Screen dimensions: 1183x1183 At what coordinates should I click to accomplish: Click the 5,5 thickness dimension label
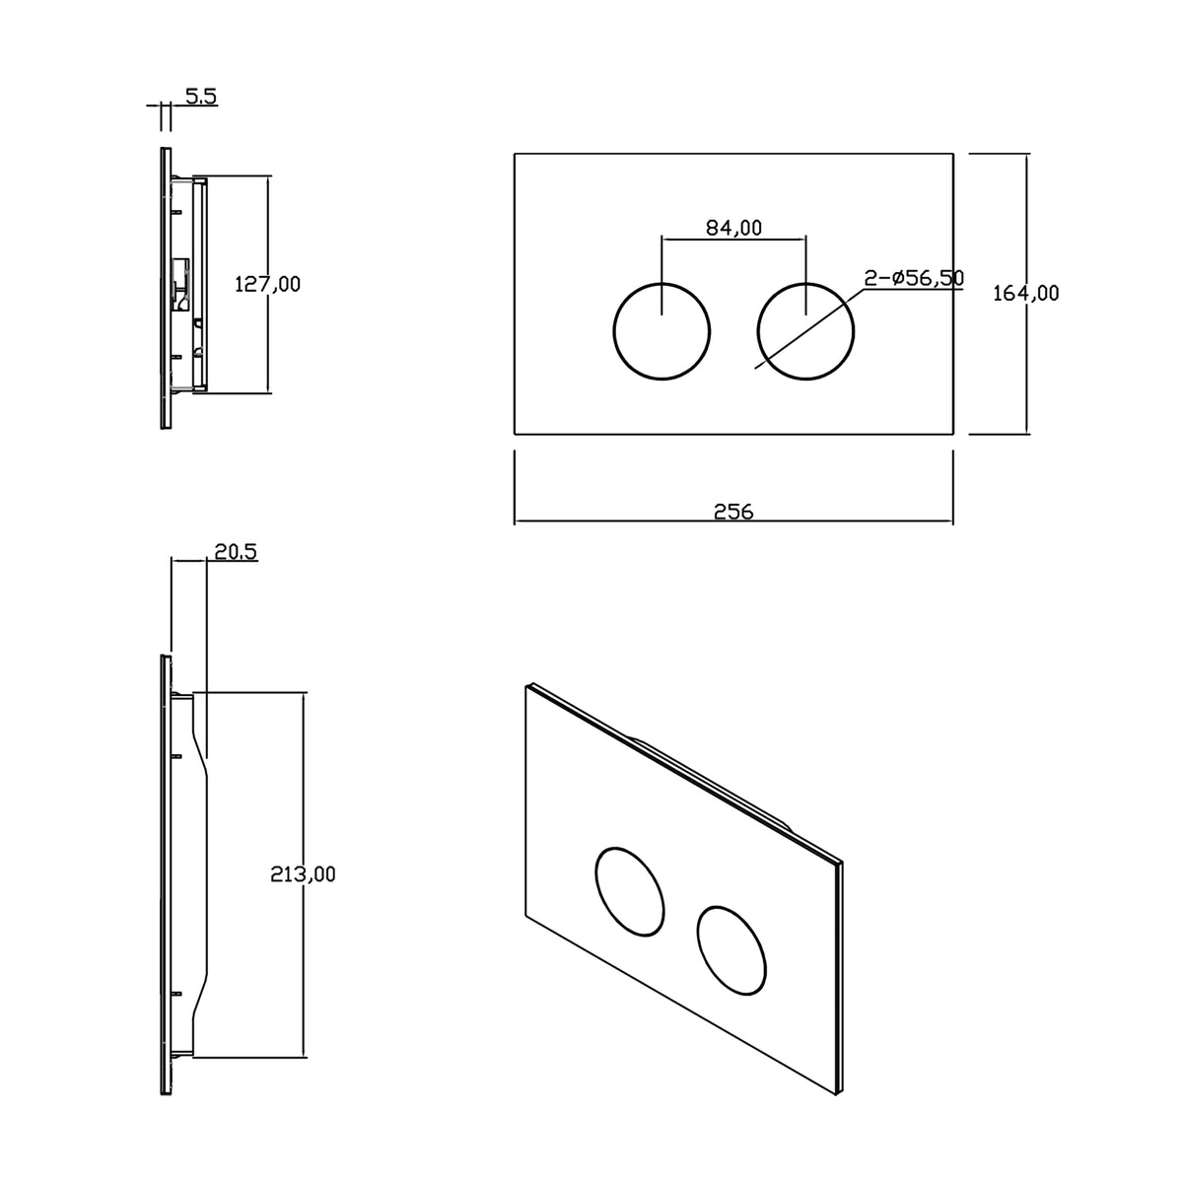pyautogui.click(x=201, y=97)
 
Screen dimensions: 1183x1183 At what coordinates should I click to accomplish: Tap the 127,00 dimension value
pyautogui.click(x=268, y=284)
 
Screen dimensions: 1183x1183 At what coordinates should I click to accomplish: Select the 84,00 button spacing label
pyautogui.click(x=733, y=228)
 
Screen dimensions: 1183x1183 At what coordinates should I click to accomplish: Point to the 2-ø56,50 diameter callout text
pyautogui.click(x=914, y=278)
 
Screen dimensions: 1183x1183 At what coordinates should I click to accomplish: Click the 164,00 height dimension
pyautogui.click(x=1026, y=294)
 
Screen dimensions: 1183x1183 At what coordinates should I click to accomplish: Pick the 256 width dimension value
pyautogui.click(x=733, y=512)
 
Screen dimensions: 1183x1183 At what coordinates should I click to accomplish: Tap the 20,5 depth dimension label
pyautogui.click(x=236, y=552)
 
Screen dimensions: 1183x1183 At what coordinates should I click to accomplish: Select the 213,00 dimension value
pyautogui.click(x=304, y=874)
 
